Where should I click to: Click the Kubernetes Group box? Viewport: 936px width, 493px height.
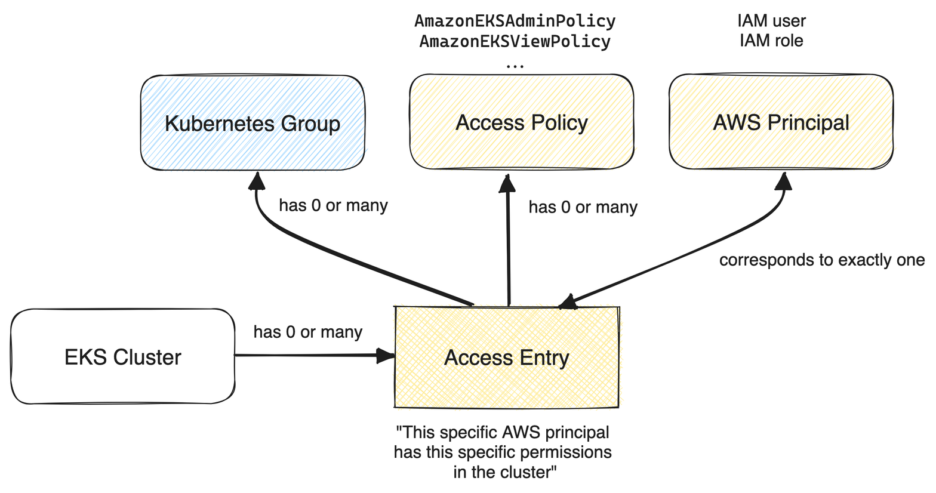pos(253,123)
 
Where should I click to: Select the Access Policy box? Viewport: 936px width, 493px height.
pos(521,122)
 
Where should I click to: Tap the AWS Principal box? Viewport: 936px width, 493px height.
pos(781,122)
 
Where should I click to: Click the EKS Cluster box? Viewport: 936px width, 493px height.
pos(122,357)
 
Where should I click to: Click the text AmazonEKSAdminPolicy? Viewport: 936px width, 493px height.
pos(515,21)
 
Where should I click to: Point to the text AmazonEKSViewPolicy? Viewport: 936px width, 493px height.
pos(515,42)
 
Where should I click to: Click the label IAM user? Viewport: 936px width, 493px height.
pos(771,21)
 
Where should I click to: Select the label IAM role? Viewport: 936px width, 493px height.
pos(771,41)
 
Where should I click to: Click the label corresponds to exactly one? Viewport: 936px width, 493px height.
pos(821,260)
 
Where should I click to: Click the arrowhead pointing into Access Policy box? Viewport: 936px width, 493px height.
pos(507,183)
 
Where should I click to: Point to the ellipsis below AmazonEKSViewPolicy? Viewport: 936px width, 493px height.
pos(515,65)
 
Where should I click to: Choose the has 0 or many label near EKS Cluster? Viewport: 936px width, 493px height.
pos(307,332)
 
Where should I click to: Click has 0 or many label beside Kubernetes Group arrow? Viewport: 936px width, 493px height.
pos(333,205)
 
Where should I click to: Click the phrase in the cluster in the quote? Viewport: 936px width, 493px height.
pos(504,473)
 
